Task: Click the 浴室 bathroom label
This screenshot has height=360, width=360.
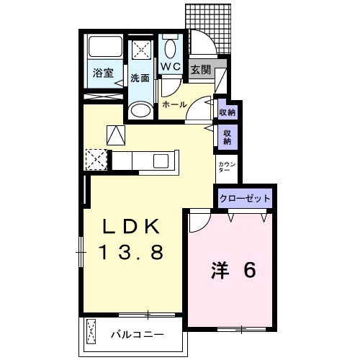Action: [x=103, y=72]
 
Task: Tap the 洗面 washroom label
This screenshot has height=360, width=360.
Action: [x=140, y=78]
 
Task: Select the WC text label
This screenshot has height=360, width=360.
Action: [x=170, y=67]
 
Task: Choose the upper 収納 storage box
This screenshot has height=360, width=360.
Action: [x=227, y=112]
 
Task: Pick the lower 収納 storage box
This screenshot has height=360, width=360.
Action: [x=227, y=137]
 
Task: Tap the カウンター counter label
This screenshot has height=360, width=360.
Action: [x=225, y=169]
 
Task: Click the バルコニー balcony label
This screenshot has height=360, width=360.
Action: [x=137, y=335]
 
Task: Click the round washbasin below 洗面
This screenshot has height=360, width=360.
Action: [x=140, y=112]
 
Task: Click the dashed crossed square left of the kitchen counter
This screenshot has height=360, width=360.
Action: [x=96, y=159]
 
